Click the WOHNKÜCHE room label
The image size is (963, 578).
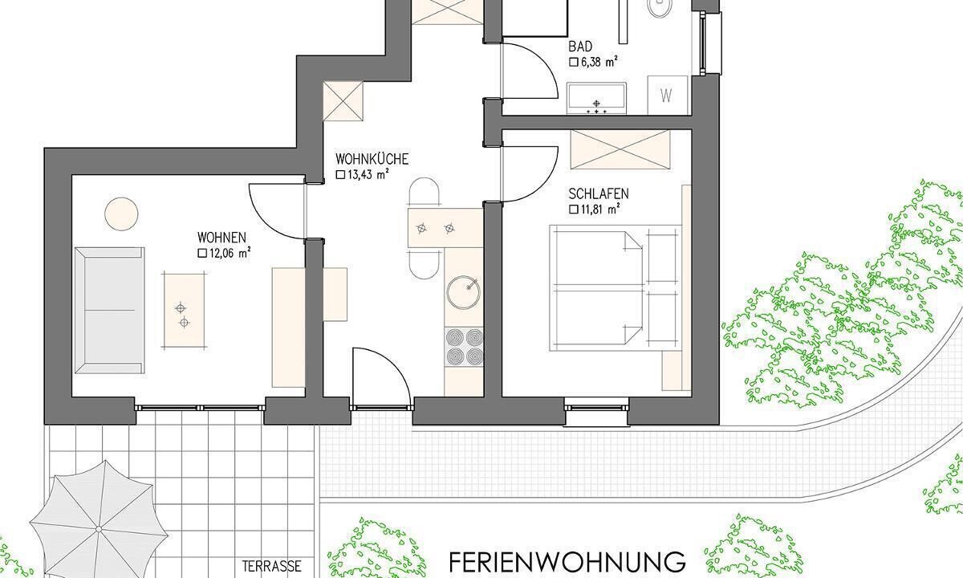click(x=372, y=159)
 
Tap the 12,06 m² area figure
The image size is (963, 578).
click(x=224, y=254)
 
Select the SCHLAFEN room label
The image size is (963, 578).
click(x=599, y=194)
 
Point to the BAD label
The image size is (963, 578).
click(x=580, y=46)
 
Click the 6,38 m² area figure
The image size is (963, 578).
click(x=593, y=63)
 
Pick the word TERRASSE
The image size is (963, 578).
click(x=272, y=566)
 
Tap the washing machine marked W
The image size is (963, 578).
click(x=667, y=95)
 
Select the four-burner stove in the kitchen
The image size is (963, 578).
click(x=464, y=347)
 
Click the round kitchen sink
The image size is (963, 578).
click(x=463, y=293)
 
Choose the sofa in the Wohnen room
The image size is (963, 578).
click(x=110, y=310)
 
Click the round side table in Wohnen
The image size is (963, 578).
click(x=122, y=214)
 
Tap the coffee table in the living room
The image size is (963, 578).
click(x=184, y=311)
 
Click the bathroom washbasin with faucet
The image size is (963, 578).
click(x=596, y=99)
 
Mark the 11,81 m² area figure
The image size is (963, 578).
click(x=595, y=210)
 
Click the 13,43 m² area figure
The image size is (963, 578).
click(x=363, y=175)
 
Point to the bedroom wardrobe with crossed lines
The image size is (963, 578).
click(x=620, y=149)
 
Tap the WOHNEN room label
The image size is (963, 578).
click(x=221, y=238)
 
